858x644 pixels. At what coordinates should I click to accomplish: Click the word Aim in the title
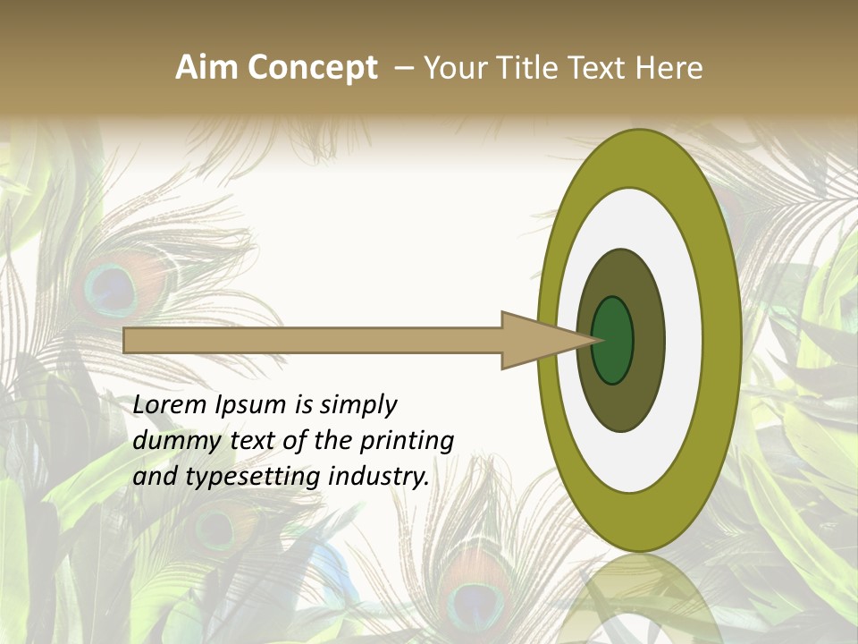[x=206, y=68]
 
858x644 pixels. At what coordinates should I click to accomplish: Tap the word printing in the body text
[x=407, y=441]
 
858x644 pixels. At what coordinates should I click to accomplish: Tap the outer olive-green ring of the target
[x=722, y=340]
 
